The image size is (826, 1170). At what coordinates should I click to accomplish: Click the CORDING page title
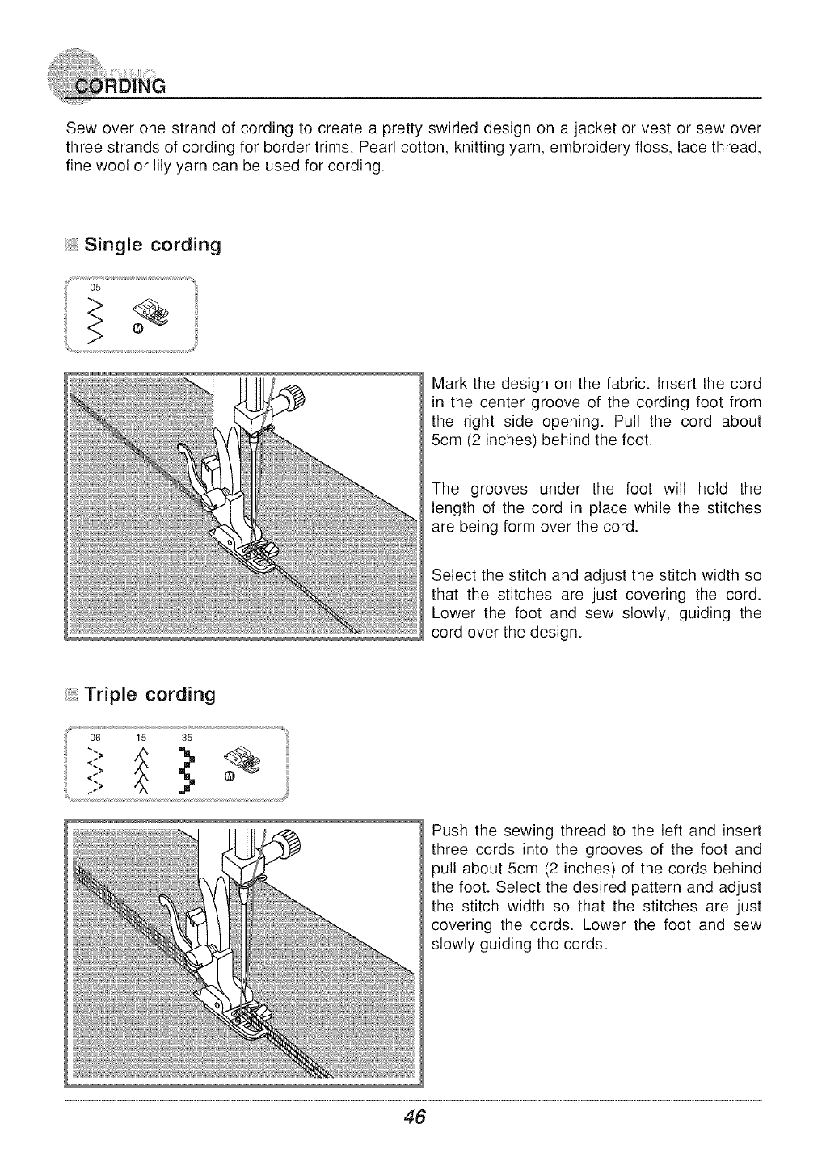[x=119, y=86]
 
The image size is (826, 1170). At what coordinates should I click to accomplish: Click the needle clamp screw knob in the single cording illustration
[x=293, y=398]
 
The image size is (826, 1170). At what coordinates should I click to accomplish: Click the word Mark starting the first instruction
[x=449, y=383]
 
